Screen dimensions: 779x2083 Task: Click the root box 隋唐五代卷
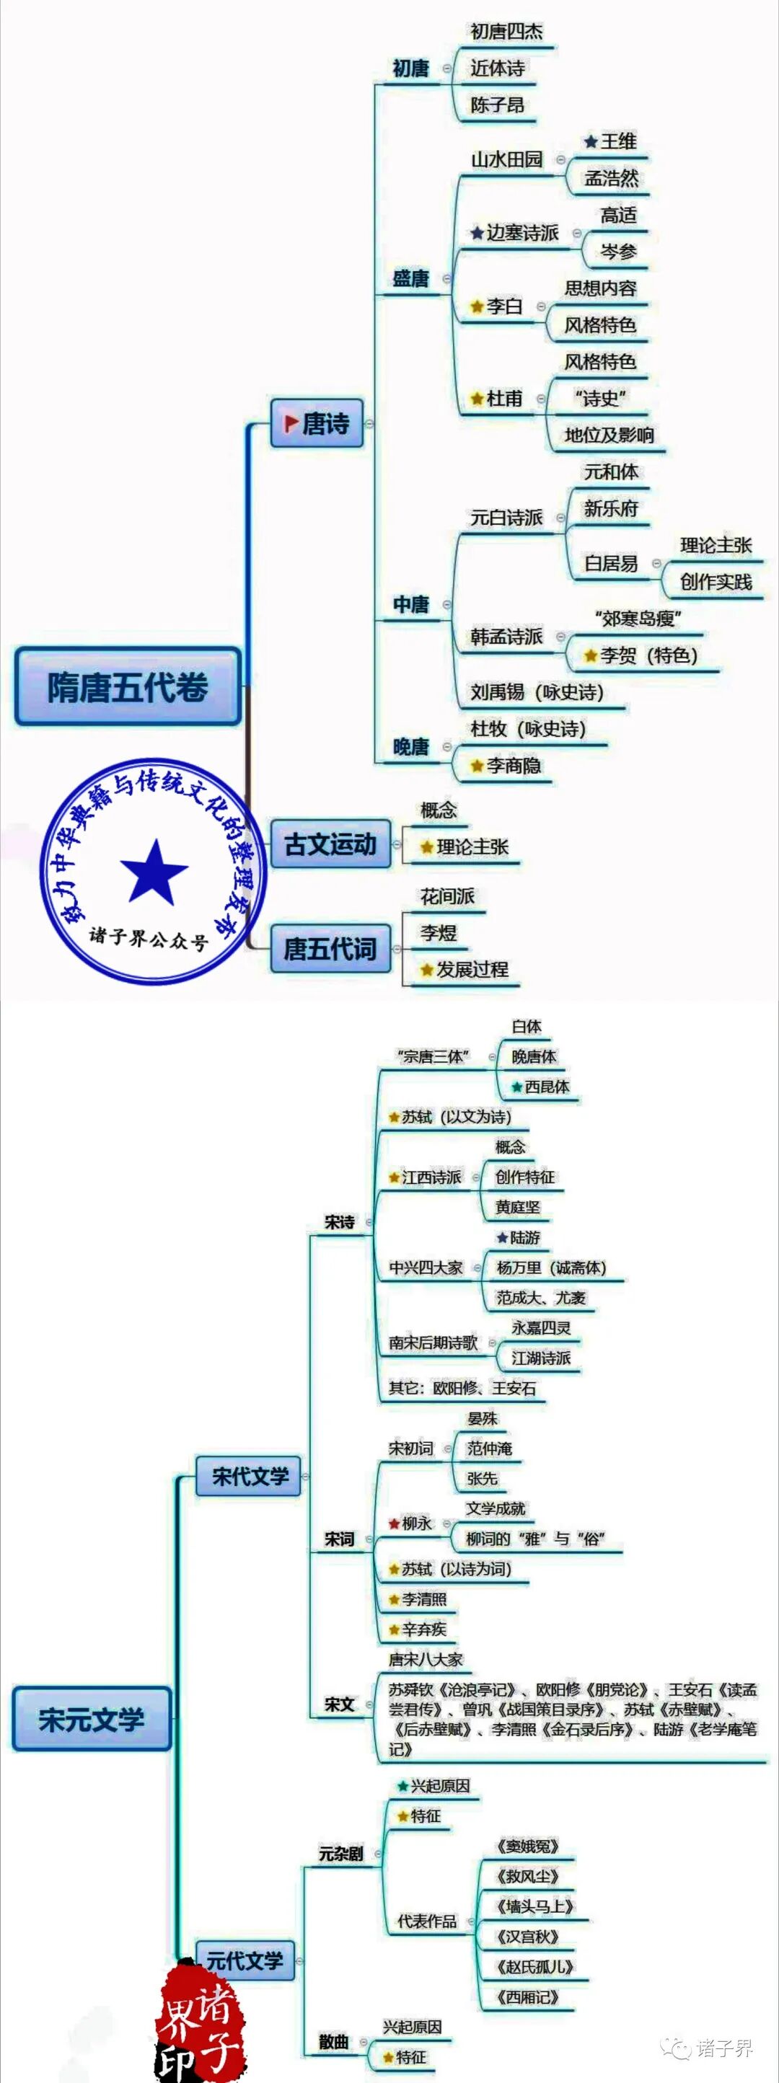click(x=128, y=686)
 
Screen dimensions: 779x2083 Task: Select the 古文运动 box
click(x=330, y=844)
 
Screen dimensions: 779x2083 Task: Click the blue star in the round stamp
click(x=154, y=872)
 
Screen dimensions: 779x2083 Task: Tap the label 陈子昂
click(x=497, y=105)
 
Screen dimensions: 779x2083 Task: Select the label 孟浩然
click(x=612, y=179)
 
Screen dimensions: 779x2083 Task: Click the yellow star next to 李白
click(x=477, y=307)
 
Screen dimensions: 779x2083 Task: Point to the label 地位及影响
click(x=609, y=435)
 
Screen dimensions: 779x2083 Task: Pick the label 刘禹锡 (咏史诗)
click(x=537, y=692)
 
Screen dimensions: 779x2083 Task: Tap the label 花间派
click(x=447, y=896)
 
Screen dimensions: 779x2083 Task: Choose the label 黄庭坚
click(x=518, y=1206)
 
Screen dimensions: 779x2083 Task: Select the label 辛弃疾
click(x=424, y=1629)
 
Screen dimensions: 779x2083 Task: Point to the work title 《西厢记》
click(x=527, y=1996)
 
